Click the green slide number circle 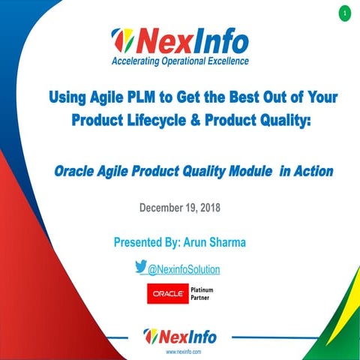[x=344, y=13]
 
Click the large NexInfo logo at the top [x=180, y=39]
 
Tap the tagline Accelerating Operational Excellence [x=180, y=61]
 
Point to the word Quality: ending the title [x=284, y=120]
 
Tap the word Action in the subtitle [x=313, y=171]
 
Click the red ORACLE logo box [x=166, y=295]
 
